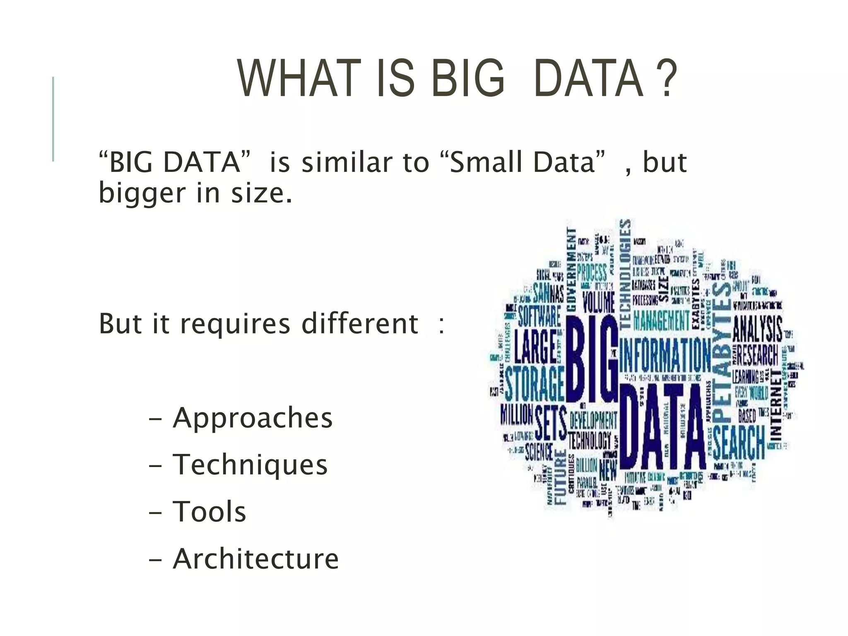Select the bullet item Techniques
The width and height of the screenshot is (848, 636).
tap(250, 465)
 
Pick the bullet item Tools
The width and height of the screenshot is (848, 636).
tap(210, 511)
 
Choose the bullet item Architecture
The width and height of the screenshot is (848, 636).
tap(256, 559)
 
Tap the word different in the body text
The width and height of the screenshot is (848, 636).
tap(360, 323)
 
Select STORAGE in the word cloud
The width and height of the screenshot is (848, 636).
tap(534, 383)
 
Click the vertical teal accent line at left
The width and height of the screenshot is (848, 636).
tap(53, 119)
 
